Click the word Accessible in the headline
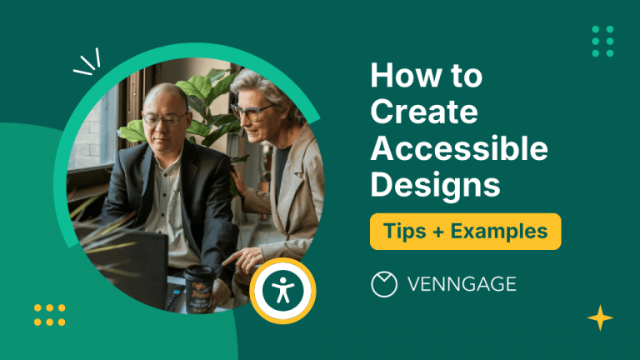pos(459,148)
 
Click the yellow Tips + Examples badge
pos(465,231)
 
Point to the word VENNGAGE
pos(462,284)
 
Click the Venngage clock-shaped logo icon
pos(383,284)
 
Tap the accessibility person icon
pos(282,291)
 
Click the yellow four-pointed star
pos(599,318)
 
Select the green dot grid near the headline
pos(602,41)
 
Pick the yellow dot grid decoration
pos(50,315)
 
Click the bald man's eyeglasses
pos(164,119)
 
